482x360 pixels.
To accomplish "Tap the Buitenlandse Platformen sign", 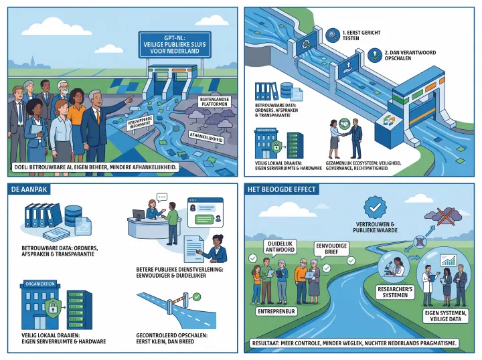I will [212, 102].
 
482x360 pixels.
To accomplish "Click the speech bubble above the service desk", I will [162, 198].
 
